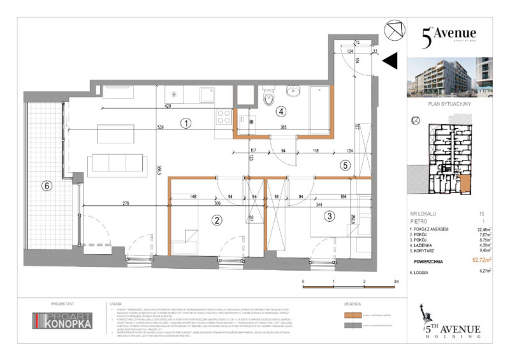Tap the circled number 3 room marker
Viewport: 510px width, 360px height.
(329, 216)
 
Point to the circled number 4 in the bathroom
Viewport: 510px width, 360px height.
(280, 110)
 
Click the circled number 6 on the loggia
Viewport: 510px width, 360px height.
(45, 187)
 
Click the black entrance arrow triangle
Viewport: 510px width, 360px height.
(390, 61)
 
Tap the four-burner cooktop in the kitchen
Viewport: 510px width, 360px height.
(224, 117)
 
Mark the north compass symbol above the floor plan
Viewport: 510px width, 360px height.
(395, 29)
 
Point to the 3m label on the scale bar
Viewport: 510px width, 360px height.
(396, 280)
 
